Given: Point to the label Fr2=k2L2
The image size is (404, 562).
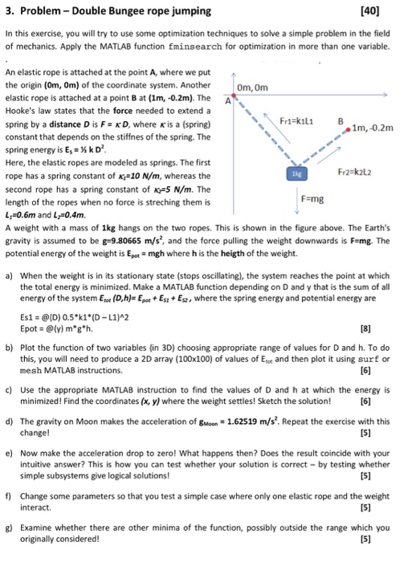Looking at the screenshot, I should coord(344,172).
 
